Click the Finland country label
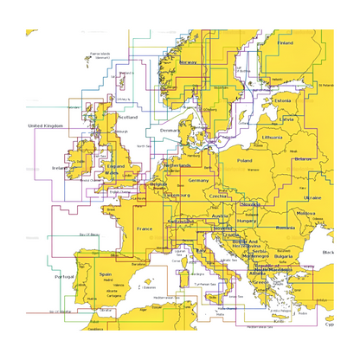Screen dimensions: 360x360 tap(285, 42)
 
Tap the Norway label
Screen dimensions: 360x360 tap(189, 62)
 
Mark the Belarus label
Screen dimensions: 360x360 tap(303, 159)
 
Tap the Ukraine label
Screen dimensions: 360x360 tap(312, 197)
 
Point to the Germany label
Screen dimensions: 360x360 tap(199, 180)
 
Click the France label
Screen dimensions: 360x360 tap(145, 229)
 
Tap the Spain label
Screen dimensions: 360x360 tap(106, 274)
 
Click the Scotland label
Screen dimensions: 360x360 tap(127, 116)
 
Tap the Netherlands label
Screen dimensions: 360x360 tap(177, 164)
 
